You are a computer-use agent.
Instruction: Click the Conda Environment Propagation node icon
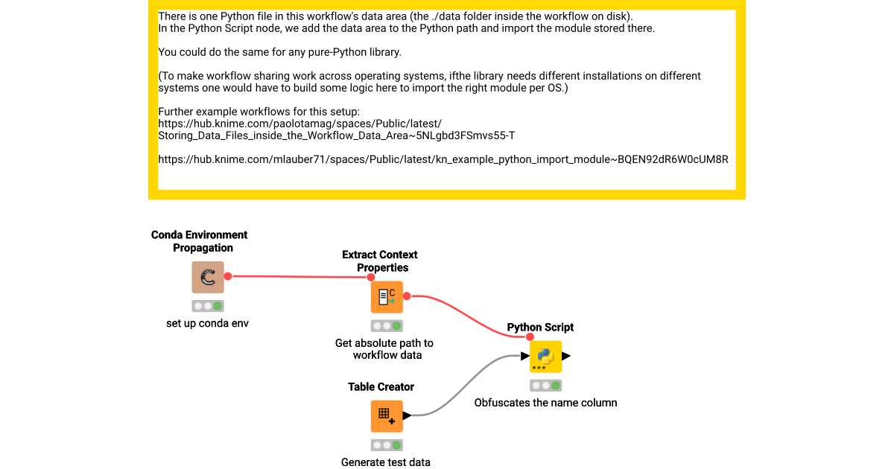[208, 277]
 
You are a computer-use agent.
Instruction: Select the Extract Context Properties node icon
[387, 297]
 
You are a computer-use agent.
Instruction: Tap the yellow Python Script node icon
[545, 357]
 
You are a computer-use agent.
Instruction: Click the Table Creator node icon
[387, 416]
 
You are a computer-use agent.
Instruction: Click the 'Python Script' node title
[540, 328]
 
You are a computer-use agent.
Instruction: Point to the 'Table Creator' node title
[381, 387]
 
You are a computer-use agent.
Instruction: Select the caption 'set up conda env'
[208, 324]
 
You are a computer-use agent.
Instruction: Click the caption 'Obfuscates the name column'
[545, 403]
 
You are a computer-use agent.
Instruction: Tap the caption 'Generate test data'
[386, 462]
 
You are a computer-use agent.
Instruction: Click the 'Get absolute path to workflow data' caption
[384, 349]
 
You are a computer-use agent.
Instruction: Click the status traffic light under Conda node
[208, 306]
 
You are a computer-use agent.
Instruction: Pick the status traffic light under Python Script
[545, 386]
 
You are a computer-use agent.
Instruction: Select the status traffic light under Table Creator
[387, 445]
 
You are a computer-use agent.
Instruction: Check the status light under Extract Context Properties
[387, 326]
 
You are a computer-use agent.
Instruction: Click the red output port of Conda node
[228, 276]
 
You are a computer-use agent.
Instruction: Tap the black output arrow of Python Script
[566, 357]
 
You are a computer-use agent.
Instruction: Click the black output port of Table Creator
[407, 415]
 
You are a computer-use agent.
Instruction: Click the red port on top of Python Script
[530, 336]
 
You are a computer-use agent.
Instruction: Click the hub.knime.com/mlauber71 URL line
[443, 159]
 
